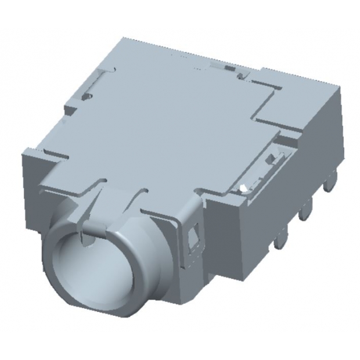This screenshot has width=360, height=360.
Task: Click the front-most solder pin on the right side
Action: [282, 238]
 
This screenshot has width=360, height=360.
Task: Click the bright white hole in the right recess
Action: [244, 186]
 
